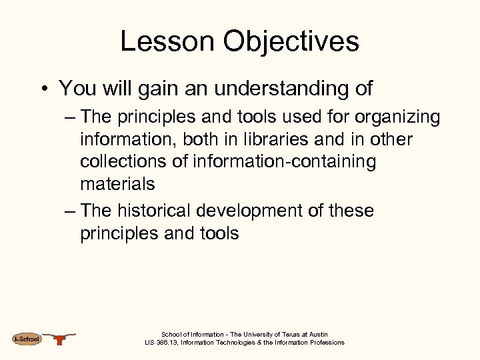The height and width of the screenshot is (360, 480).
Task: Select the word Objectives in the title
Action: (291, 41)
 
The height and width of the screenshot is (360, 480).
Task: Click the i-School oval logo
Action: (27, 339)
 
